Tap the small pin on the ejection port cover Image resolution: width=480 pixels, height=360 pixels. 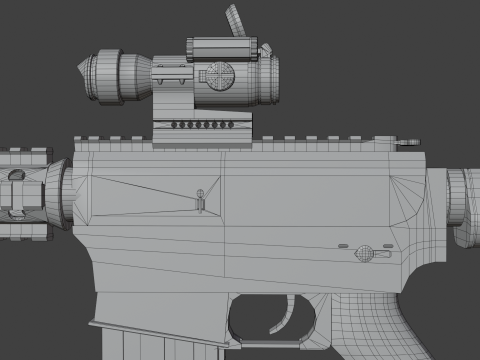coord(201,196)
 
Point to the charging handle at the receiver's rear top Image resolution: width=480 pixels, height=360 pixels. coord(405,145)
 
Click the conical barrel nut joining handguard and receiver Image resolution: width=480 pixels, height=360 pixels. coord(54,195)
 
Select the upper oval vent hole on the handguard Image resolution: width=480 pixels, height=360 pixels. coord(17,175)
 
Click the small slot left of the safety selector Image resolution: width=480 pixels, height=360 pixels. coord(343,245)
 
